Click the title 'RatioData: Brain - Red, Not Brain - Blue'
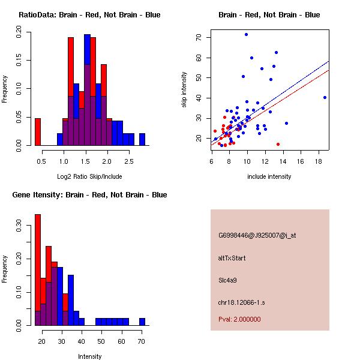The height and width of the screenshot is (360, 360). click(x=89, y=15)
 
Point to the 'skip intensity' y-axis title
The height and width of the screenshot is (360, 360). click(x=184, y=90)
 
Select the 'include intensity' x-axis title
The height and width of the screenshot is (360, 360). click(x=269, y=176)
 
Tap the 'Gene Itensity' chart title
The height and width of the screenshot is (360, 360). click(x=89, y=195)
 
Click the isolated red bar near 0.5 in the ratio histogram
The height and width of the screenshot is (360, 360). click(x=37, y=132)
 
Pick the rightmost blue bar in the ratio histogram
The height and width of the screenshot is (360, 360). click(x=142, y=139)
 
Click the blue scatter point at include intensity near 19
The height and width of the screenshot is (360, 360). click(x=325, y=97)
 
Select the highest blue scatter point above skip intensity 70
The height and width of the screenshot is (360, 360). click(x=246, y=34)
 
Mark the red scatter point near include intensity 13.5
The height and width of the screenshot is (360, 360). click(x=278, y=144)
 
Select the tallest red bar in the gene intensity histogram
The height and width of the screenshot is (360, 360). click(x=37, y=270)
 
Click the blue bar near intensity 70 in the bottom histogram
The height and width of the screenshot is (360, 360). click(x=142, y=322)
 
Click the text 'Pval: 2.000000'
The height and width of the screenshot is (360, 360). click(x=239, y=319)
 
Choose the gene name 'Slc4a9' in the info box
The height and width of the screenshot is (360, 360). click(x=229, y=280)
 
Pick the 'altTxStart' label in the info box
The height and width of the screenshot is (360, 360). click(x=232, y=258)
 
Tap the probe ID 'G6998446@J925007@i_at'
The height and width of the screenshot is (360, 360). click(x=257, y=235)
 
